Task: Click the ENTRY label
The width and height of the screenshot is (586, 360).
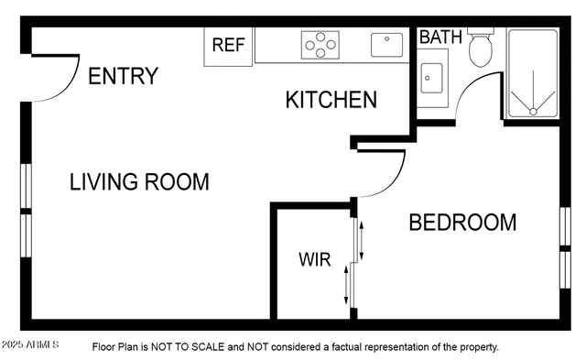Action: click(123, 76)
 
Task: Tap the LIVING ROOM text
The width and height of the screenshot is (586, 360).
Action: click(139, 181)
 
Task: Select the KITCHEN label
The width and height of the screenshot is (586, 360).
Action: click(331, 100)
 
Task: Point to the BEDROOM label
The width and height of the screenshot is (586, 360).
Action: click(461, 223)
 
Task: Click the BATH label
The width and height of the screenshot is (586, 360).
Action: click(440, 38)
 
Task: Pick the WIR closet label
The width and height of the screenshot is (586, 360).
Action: click(314, 258)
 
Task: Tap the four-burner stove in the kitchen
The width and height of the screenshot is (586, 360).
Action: click(321, 44)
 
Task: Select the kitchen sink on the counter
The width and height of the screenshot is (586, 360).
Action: click(386, 43)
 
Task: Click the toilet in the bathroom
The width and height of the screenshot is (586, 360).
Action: click(482, 50)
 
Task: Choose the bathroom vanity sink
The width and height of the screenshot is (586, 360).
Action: click(431, 78)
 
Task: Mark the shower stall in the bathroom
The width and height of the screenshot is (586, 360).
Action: click(533, 73)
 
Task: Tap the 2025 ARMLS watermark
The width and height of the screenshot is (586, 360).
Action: click(29, 345)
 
